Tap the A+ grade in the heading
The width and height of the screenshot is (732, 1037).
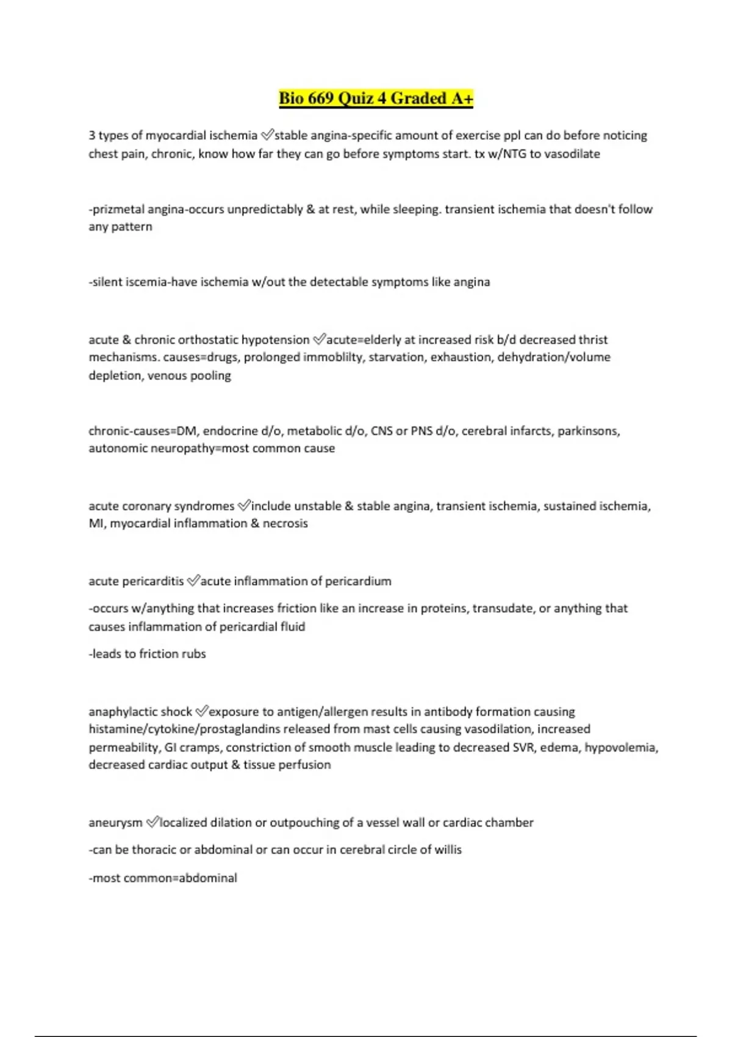(x=462, y=99)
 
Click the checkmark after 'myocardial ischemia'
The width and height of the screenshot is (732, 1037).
(x=267, y=135)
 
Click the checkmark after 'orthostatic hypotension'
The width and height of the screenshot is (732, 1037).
(x=319, y=339)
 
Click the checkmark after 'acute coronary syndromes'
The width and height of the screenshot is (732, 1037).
(x=243, y=506)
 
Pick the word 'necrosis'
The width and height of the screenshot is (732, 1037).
(x=285, y=523)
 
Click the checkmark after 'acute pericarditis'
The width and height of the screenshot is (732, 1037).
(x=193, y=581)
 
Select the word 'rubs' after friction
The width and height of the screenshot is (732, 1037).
(x=193, y=654)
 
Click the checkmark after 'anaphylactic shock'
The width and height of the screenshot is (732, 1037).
(x=201, y=711)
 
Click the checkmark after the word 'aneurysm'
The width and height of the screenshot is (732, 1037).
(x=152, y=822)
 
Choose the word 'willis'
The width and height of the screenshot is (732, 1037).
(x=448, y=850)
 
